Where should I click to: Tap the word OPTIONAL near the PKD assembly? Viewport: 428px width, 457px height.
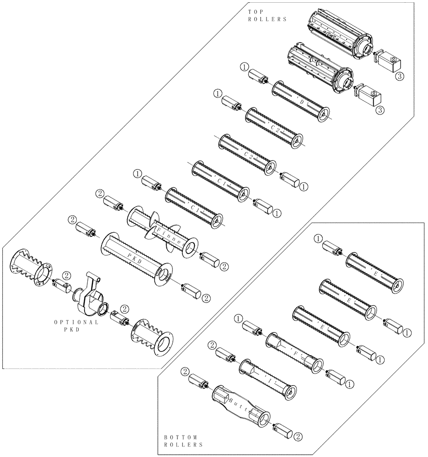point(76,322)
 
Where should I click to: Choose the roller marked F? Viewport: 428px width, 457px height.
point(294,352)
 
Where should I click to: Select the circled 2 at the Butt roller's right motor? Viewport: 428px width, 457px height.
point(298,436)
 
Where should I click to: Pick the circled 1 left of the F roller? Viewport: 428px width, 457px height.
point(239,318)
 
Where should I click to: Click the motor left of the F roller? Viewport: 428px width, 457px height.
point(252,328)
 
